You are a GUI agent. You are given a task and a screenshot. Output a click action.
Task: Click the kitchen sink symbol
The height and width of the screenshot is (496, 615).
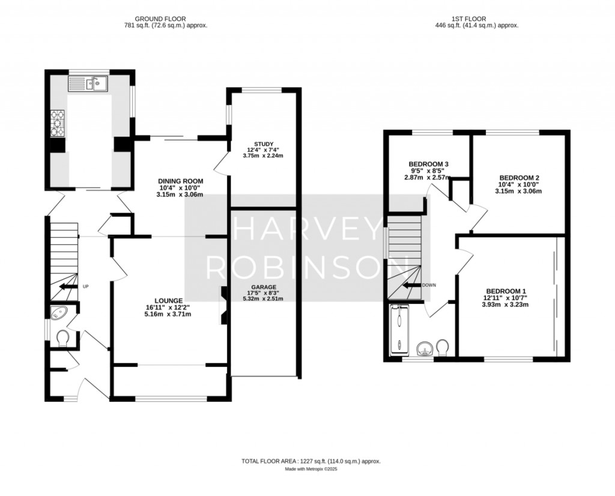88,84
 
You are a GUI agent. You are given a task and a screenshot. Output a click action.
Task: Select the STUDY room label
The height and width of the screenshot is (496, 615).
264,144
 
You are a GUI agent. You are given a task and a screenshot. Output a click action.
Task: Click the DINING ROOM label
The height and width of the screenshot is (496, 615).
180,181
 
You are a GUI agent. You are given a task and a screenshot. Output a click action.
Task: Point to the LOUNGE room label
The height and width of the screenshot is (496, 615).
168,300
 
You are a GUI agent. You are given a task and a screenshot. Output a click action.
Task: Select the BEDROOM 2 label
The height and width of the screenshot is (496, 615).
519,178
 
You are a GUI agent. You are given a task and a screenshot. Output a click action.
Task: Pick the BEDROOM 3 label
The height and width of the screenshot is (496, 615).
429,164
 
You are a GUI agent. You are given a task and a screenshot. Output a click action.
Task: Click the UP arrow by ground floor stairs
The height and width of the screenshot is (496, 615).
68,287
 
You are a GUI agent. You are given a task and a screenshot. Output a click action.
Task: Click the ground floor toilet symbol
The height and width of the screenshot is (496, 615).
63,340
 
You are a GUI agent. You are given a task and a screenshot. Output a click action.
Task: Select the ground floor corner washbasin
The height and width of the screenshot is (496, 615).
59,312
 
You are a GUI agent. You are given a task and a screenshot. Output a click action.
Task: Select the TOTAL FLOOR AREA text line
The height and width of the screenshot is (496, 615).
311,461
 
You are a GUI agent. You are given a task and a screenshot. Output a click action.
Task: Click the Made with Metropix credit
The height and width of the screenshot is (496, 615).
311,470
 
